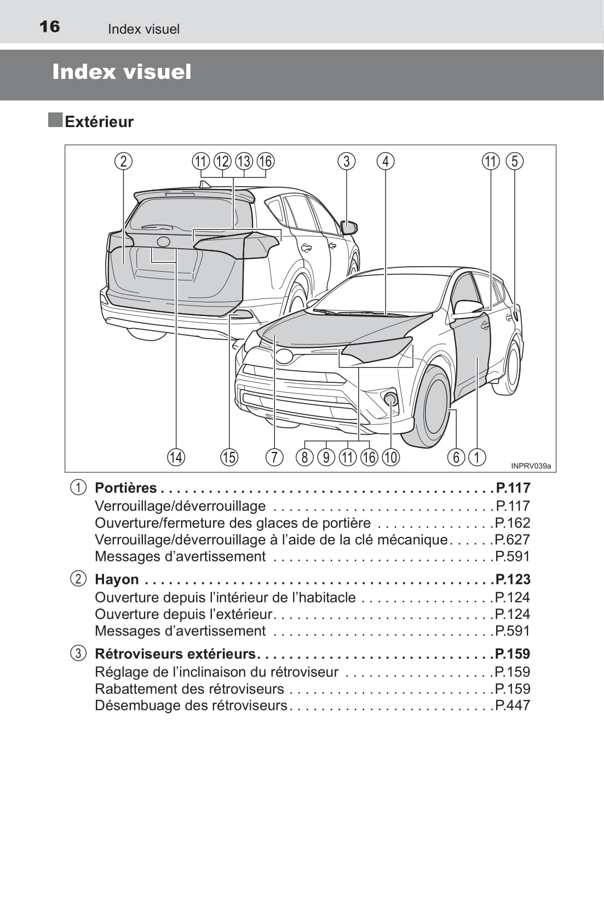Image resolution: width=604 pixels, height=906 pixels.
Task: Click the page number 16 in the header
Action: [x=50, y=26]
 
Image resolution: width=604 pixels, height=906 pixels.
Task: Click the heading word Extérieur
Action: [x=99, y=122]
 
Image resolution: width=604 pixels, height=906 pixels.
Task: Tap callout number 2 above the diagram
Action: [x=124, y=161]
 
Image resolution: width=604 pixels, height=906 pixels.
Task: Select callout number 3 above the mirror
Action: [x=346, y=161]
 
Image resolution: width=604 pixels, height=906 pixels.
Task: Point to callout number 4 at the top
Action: [x=386, y=161]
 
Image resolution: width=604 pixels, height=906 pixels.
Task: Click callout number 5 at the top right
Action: [x=515, y=161]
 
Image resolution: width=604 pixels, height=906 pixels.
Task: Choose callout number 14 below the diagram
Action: [x=176, y=457]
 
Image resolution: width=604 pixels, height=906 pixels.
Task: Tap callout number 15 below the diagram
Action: [x=229, y=457]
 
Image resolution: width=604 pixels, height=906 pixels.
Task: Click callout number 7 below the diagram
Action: [x=274, y=457]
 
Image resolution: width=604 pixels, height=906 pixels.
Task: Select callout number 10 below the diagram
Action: [x=390, y=457]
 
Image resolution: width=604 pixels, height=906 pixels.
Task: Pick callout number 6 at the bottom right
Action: [x=456, y=457]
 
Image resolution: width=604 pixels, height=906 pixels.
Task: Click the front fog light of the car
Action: [x=390, y=398]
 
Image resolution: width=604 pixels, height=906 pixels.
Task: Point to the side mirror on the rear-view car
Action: [x=349, y=226]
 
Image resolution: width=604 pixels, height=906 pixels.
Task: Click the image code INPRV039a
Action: [x=531, y=466]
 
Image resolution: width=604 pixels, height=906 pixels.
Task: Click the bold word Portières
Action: [x=126, y=488]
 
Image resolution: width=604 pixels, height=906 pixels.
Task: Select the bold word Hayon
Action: [x=117, y=580]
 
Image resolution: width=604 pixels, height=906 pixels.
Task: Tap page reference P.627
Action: [x=513, y=540]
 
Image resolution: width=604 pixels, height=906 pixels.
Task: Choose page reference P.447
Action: [x=513, y=705]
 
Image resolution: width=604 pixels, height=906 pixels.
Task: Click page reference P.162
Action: [x=513, y=523]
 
